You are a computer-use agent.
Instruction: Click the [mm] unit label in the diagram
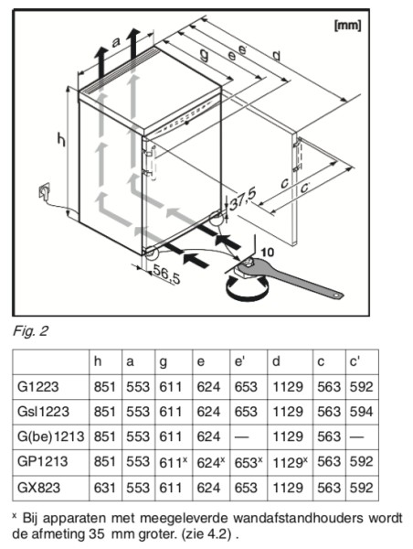(347, 26)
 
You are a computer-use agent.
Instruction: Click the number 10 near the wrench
(268, 253)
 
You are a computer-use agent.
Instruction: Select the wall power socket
(44, 191)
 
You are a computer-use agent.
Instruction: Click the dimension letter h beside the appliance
(61, 140)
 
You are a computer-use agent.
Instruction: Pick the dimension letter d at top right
(276, 56)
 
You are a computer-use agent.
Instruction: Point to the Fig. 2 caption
(30, 331)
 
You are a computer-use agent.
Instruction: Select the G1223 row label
(38, 387)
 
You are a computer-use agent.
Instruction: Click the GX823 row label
(38, 488)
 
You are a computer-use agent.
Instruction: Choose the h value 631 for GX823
(104, 488)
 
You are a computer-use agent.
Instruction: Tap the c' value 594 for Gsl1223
(361, 412)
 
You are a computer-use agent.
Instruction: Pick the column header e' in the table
(238, 361)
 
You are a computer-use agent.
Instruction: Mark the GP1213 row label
(42, 461)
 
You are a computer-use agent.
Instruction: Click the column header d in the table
(276, 361)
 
